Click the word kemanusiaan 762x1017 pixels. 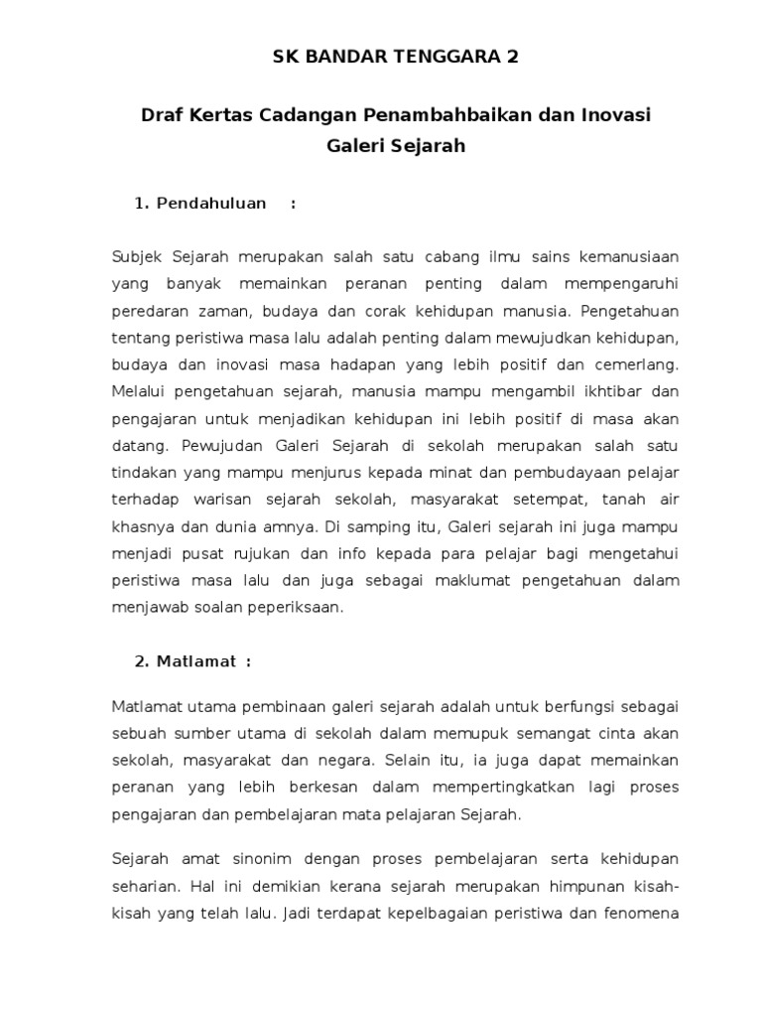pos(631,256)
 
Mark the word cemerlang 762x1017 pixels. pos(638,363)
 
